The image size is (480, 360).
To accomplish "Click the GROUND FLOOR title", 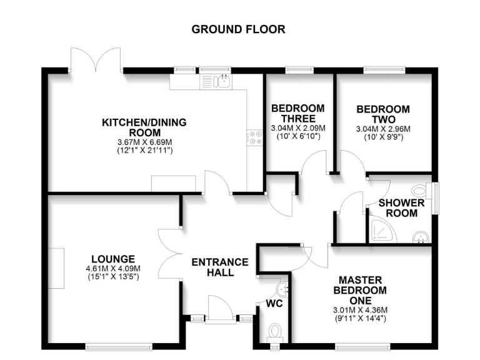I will click(x=238, y=29).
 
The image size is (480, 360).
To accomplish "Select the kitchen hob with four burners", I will click(x=256, y=137).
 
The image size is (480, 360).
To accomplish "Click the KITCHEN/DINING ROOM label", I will click(x=144, y=127).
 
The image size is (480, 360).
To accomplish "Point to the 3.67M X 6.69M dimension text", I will click(x=144, y=142).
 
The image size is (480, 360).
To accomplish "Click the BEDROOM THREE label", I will click(x=297, y=113).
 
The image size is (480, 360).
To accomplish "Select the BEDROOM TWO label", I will click(x=383, y=114).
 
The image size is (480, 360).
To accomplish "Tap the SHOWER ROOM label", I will click(x=402, y=208).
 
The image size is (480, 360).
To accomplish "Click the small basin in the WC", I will click(x=283, y=288).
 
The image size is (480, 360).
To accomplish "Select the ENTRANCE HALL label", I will click(x=219, y=267).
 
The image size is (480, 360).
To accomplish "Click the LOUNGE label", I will click(x=113, y=259).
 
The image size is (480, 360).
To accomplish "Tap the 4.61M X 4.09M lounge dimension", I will click(x=113, y=269).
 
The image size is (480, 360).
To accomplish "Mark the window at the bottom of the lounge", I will click(x=119, y=345).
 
